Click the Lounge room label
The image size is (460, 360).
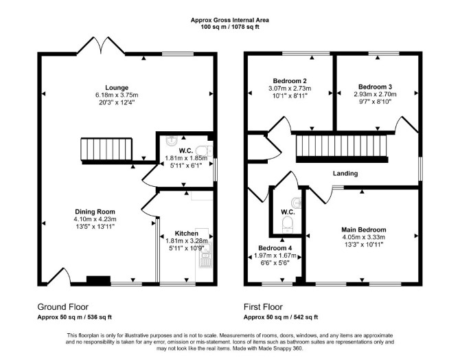click(x=117, y=87)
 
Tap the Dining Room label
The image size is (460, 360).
click(x=95, y=212)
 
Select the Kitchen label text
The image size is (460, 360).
click(x=187, y=234)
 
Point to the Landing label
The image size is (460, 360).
click(x=345, y=174)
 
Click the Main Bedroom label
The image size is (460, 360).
click(x=364, y=229)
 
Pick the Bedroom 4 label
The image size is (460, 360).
click(x=275, y=248)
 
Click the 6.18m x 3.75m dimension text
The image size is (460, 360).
click(x=117, y=95)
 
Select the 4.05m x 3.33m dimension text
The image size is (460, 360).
click(x=364, y=237)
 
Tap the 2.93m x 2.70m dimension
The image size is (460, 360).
click(x=376, y=94)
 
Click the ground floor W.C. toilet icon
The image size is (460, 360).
click(x=204, y=150)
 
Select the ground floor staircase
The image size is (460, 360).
click(x=106, y=150)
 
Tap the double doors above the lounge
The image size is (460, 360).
click(x=101, y=45)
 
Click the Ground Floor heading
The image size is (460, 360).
click(x=62, y=307)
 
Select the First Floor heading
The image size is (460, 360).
click(x=263, y=307)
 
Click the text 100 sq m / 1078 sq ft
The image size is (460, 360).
click(x=230, y=27)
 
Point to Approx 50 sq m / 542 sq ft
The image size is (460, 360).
click(x=281, y=317)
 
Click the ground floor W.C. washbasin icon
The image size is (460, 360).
click(x=171, y=142)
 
